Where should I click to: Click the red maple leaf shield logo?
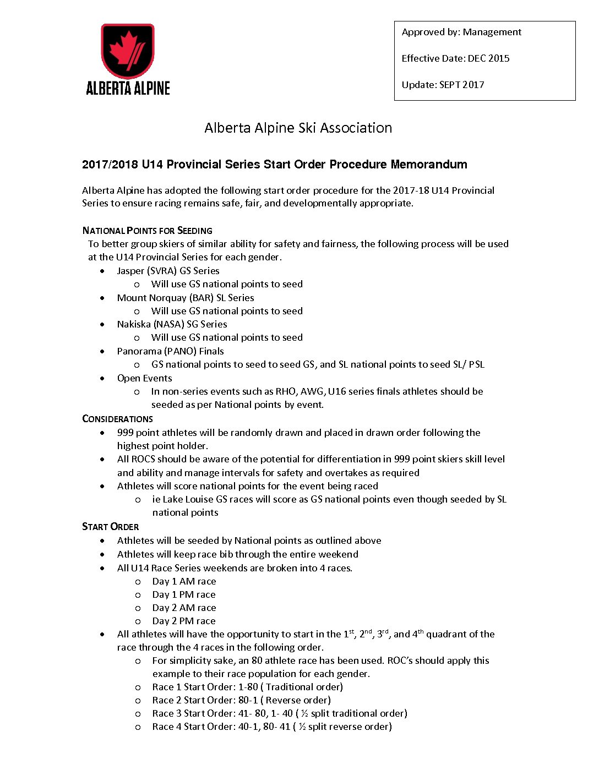click(x=127, y=51)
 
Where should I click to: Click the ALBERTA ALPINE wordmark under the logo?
click(x=128, y=88)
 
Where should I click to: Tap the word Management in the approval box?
click(x=492, y=32)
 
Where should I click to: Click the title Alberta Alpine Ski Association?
click(x=298, y=128)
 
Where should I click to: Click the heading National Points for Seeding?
click(x=147, y=231)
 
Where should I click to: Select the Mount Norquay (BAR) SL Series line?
click(x=185, y=298)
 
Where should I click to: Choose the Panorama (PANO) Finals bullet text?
click(x=170, y=351)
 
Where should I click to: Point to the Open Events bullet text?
click(x=144, y=378)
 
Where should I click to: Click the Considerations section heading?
click(x=117, y=419)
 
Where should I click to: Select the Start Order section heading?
click(x=110, y=527)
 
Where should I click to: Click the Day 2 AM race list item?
click(x=184, y=608)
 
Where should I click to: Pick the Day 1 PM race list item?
click(x=184, y=594)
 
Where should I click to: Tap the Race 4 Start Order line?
click(x=272, y=727)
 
